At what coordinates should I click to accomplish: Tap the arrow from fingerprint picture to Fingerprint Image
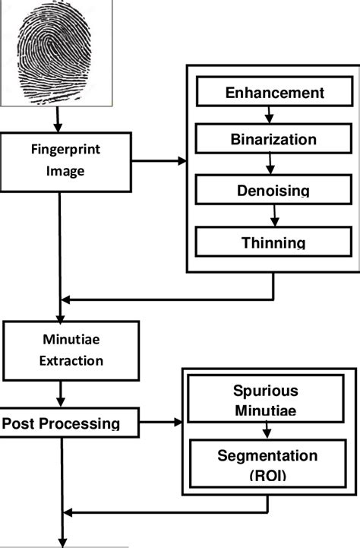[58, 121]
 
